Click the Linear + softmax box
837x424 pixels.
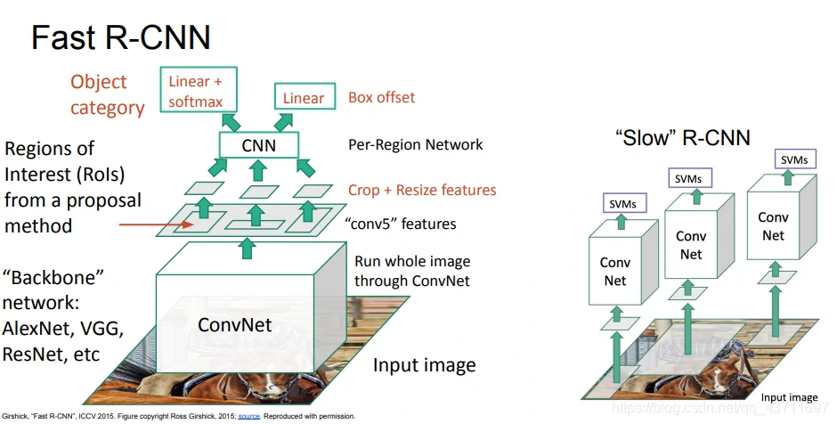196,90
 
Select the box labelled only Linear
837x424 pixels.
305,98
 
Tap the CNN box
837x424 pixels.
258,144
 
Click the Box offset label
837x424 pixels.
381,97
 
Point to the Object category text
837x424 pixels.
107,94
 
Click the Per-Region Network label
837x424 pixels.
416,144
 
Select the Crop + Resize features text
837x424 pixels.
422,190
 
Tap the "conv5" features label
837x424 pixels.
402,224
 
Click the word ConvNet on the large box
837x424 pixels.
234,325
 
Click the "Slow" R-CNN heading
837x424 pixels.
682,138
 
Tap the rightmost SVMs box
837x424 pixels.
794,160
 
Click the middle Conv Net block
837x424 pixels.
690,245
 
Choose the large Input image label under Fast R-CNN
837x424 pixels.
424,365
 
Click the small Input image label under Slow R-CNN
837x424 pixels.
789,397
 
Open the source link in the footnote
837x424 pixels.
248,416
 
